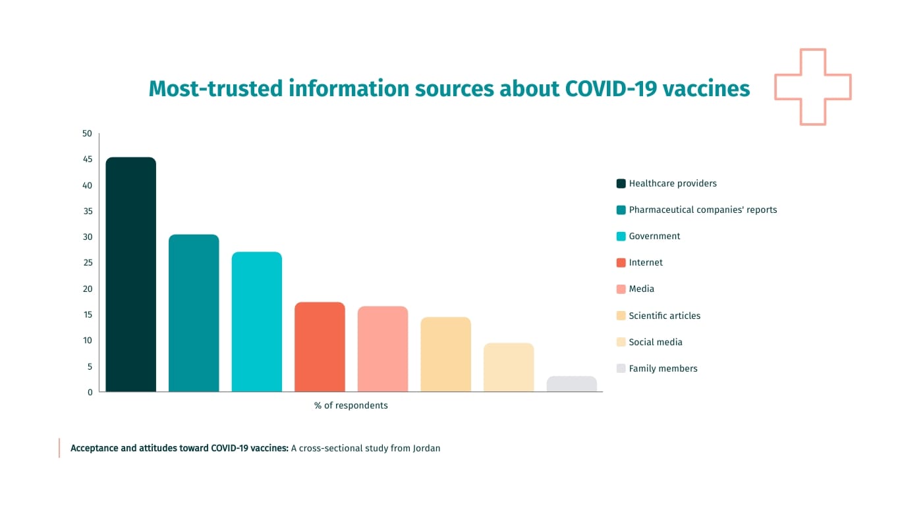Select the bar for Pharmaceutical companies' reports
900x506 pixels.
[x=194, y=313]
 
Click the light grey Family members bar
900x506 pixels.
[x=571, y=384]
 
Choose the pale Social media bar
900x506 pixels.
[x=509, y=367]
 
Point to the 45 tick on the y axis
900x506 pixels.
[x=87, y=159]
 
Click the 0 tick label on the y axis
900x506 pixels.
[x=90, y=392]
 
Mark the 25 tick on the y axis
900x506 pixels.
[x=87, y=263]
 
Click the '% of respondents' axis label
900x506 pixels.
[x=351, y=406]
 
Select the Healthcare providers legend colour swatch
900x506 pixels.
[x=621, y=184]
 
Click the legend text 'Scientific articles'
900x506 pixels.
[x=664, y=316]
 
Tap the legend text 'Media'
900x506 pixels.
[x=641, y=289]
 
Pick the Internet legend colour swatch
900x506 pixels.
[x=621, y=263]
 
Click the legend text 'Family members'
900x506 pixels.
[x=663, y=368]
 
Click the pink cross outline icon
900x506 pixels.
[x=812, y=86]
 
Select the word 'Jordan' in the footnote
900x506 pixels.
[x=426, y=448]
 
